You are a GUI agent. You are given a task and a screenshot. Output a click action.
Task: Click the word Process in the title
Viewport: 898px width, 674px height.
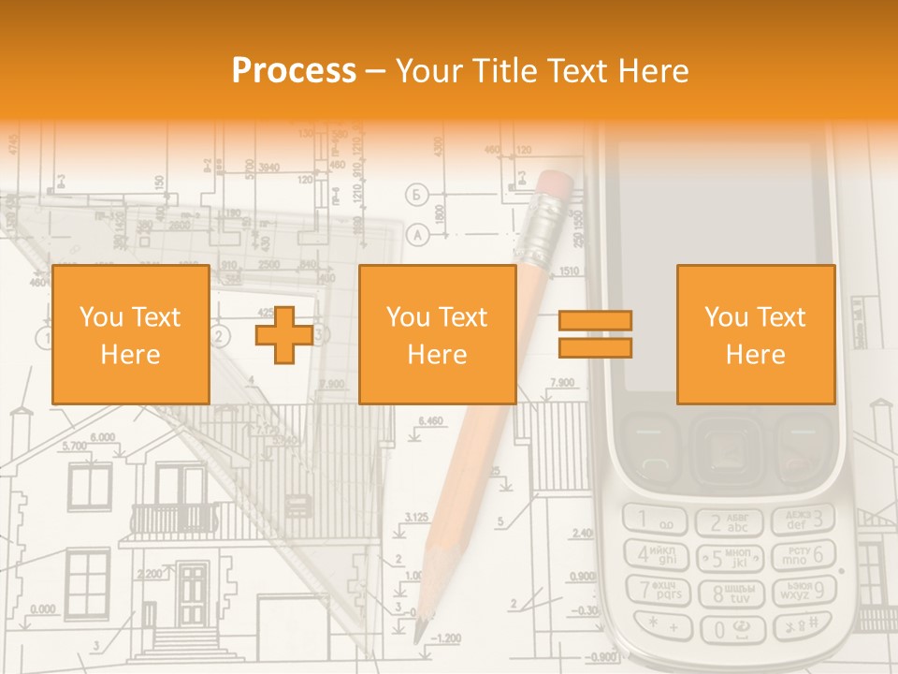click(294, 70)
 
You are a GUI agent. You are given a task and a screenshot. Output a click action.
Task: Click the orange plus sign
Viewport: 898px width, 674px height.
click(284, 334)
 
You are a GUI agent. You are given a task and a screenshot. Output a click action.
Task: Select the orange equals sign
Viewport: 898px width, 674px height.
click(595, 334)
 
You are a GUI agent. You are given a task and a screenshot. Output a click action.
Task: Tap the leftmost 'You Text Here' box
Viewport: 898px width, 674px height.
click(130, 334)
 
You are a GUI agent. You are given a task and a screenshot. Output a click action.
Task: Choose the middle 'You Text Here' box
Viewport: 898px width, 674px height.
click(437, 334)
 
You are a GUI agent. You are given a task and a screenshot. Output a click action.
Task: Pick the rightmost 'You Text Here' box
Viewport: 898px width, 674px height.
click(755, 334)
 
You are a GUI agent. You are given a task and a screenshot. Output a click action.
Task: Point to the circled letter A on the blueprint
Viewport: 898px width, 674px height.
click(417, 233)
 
